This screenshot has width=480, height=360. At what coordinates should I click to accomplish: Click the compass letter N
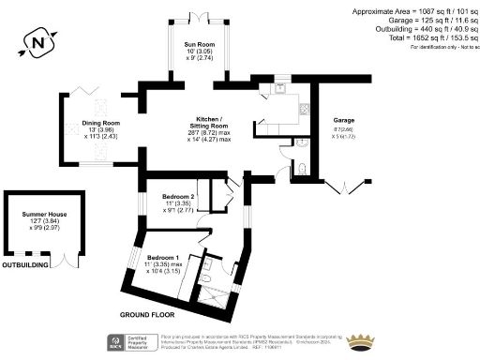point(37,41)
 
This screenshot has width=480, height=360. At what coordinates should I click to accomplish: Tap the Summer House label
point(40,214)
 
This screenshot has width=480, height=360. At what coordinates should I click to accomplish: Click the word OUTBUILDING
point(25,265)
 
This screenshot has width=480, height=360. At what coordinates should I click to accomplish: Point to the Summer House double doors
point(67,262)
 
